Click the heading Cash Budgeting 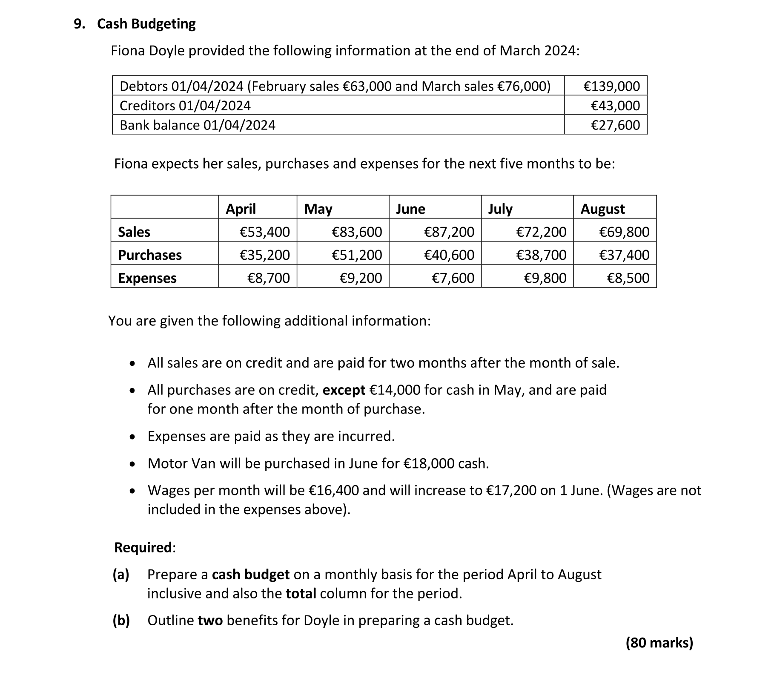pos(146,24)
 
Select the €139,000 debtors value pos(611,86)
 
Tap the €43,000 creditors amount pos(615,106)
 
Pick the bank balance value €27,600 pos(615,125)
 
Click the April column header pos(241,209)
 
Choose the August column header pos(602,209)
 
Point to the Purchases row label pos(150,255)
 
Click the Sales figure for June pos(449,232)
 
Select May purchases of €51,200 pos(357,255)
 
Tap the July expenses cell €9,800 pos(545,278)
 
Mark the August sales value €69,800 pos(624,232)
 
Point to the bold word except pos(344,390)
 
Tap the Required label pos(143,548)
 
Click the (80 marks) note pos(659,643)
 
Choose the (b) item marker pos(121,621)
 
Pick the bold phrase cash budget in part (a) pos(251,575)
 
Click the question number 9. pos(78,24)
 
